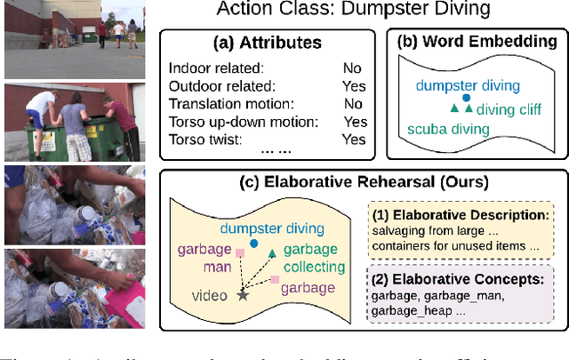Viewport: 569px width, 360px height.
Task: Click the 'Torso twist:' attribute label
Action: coord(202,140)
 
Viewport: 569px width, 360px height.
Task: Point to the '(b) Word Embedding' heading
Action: coord(479,42)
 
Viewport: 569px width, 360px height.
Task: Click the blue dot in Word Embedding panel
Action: coord(466,98)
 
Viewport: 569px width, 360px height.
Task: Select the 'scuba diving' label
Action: coord(448,130)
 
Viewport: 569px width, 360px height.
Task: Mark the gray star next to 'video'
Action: coord(242,294)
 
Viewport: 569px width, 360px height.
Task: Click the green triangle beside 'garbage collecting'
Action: coord(272,253)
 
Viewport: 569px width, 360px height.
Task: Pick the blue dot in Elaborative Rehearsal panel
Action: coord(255,243)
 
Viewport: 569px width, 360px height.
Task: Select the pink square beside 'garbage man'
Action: coord(239,253)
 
